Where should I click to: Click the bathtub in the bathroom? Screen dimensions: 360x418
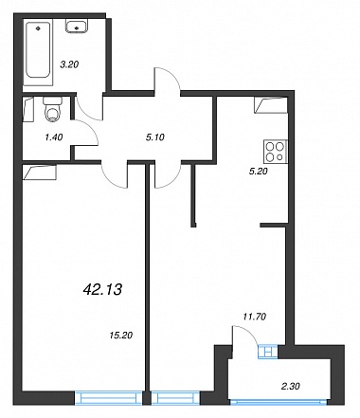coord(38,52)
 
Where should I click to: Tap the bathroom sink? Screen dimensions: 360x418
coord(77,26)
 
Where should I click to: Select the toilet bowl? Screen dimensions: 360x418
coord(52,109)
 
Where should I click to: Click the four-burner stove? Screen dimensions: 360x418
coord(276,152)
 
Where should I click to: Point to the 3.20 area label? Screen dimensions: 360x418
coord(69,64)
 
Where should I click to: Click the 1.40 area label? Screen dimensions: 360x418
coord(54,137)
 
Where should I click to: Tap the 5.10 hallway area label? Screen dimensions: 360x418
coord(155,137)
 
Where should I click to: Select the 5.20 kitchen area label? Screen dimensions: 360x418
coord(259,172)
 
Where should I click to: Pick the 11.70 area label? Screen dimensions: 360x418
coord(255,317)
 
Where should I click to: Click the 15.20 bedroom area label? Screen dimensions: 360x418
coord(121,335)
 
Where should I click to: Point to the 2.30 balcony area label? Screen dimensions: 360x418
coord(291,386)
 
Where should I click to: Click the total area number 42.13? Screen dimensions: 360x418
coord(102,289)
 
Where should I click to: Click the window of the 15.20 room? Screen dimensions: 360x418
coord(108,398)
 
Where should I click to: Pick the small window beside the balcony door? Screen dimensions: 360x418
coord(268,352)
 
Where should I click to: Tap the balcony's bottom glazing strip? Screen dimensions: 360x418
coord(279,402)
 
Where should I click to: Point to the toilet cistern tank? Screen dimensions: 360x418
coord(52,101)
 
